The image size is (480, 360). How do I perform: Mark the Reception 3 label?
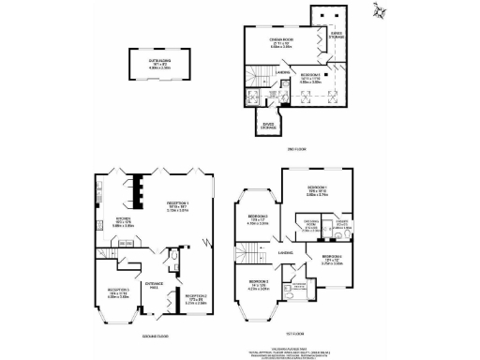pyautogui.click(x=118, y=291)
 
